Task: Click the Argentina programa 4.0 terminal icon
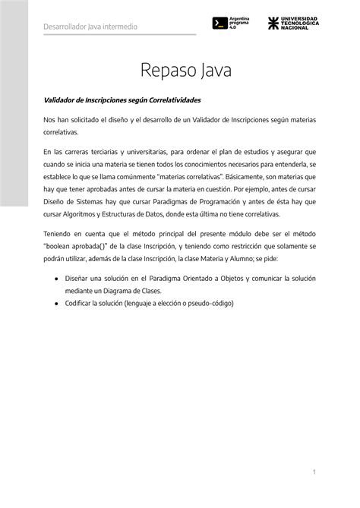coord(219,23)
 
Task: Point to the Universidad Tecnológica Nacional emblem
coord(273,23)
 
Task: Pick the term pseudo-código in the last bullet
coord(211,303)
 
